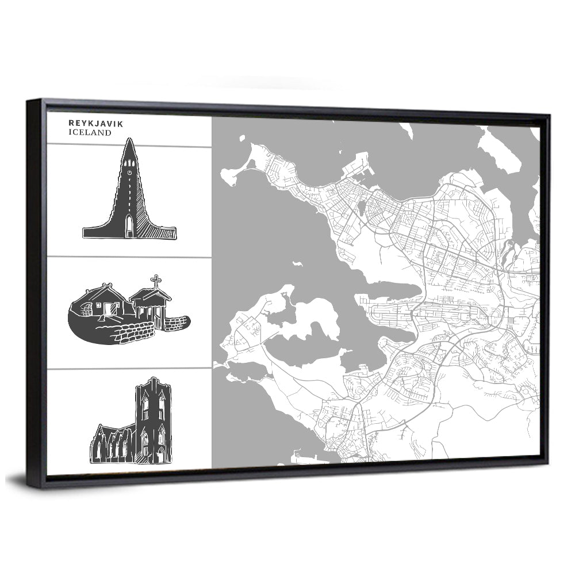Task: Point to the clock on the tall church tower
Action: (130, 171)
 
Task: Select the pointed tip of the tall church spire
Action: (129, 139)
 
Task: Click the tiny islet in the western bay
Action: (297, 264)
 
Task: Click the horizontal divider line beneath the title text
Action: (129, 144)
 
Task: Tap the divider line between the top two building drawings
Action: (129, 256)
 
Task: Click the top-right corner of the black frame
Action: (549, 116)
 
